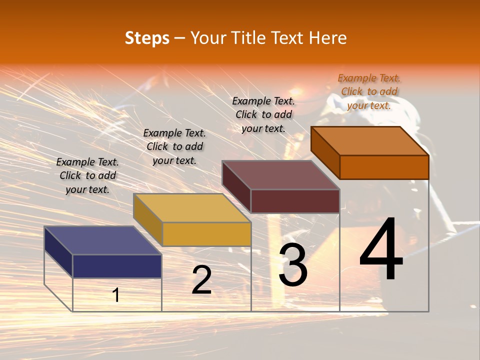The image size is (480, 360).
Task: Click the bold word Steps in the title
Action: click(147, 38)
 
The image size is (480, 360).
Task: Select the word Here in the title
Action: click(327, 38)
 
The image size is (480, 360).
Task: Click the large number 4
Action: click(381, 248)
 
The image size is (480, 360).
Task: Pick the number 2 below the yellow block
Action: click(201, 280)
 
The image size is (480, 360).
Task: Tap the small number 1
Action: click(116, 295)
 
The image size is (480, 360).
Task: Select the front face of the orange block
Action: click(384, 167)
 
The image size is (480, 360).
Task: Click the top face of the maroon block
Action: click(281, 175)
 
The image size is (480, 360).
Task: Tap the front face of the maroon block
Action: click(295, 201)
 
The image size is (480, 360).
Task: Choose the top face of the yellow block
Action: click(192, 208)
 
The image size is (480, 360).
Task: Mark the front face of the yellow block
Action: click(206, 234)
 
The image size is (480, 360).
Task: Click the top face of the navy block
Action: click(103, 240)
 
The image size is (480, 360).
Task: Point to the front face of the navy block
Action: click(117, 266)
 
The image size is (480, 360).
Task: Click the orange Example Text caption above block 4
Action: click(369, 91)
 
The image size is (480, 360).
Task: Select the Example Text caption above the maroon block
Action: click(263, 114)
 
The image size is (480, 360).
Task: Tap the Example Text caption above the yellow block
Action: click(174, 146)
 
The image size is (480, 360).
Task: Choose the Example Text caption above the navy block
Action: click(87, 175)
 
